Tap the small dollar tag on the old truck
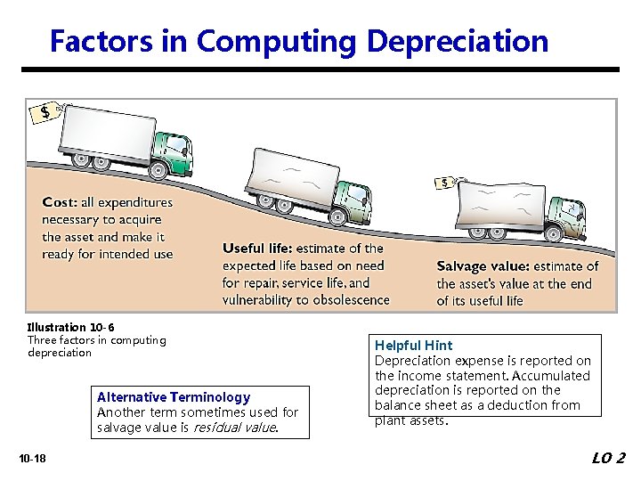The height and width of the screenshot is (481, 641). (445, 183)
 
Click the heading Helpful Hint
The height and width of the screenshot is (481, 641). (413, 346)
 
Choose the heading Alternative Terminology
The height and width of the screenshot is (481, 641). (174, 397)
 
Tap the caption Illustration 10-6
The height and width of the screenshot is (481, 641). (70, 328)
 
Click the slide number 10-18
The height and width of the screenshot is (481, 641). (32, 459)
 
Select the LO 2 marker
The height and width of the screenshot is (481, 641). (608, 458)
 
